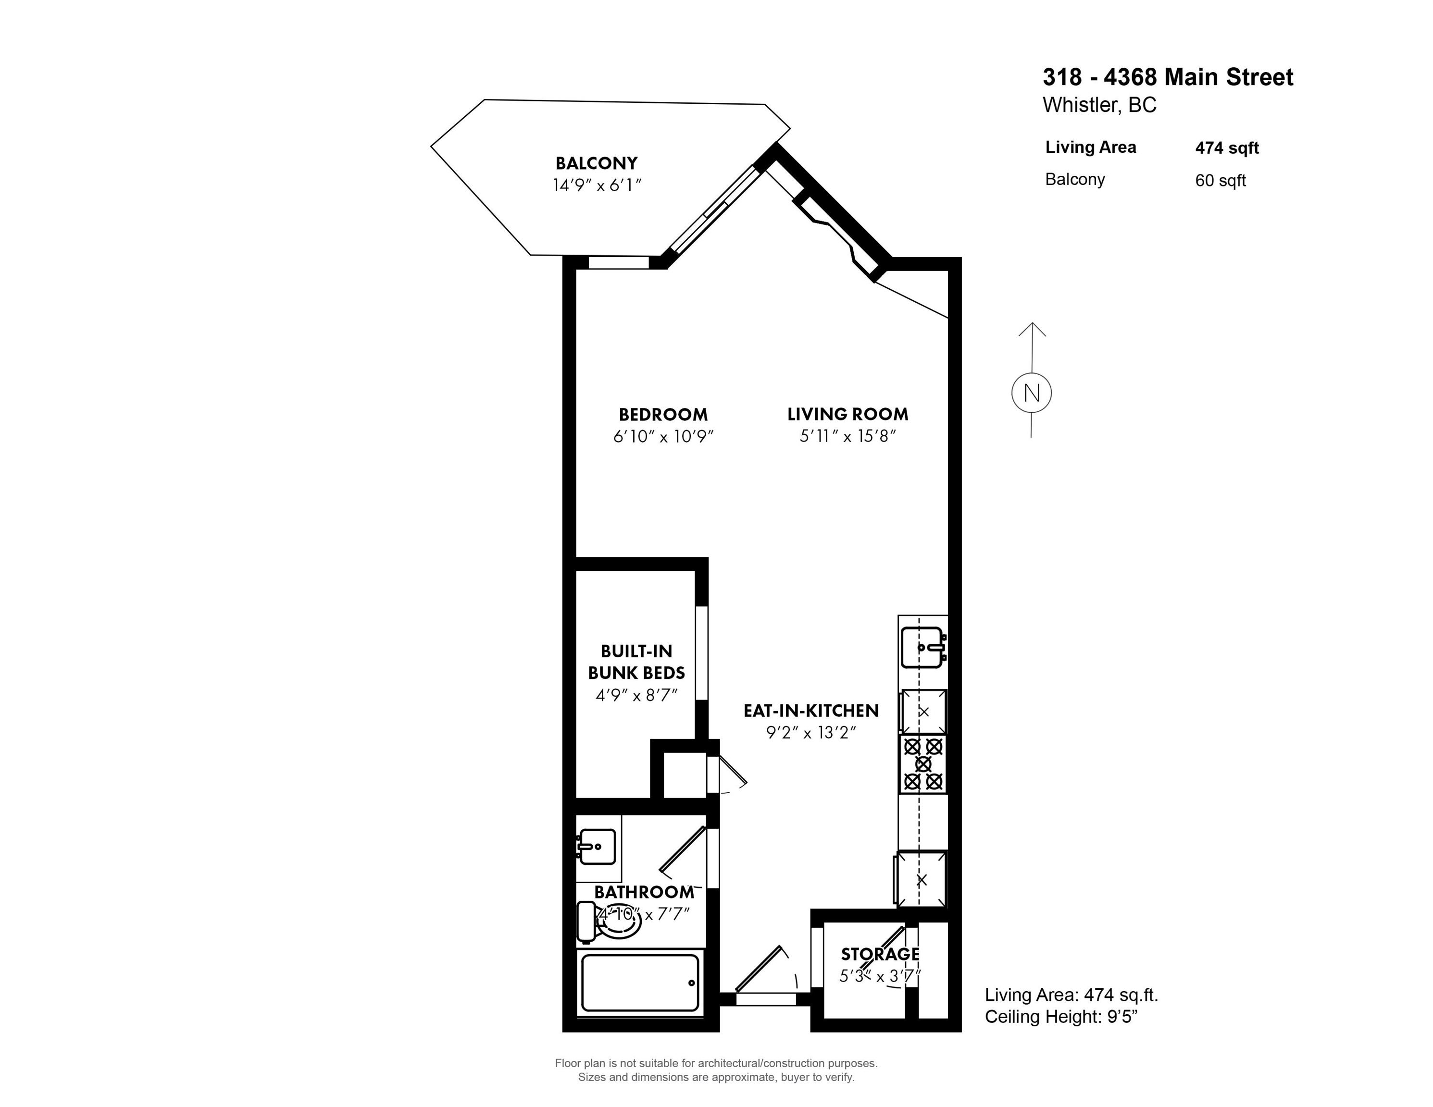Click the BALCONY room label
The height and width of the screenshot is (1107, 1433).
[597, 163]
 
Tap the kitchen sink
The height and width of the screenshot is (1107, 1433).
[922, 647]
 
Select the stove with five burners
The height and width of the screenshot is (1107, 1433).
[922, 764]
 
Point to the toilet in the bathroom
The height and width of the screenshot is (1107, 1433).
[609, 921]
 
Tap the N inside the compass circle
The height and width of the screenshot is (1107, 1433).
[1032, 394]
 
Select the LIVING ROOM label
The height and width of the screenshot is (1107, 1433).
[847, 415]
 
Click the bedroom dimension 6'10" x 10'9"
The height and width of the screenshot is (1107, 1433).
[663, 437]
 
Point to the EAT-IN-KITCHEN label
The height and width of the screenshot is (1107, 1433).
[811, 711]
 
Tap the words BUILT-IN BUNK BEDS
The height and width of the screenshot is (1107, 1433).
[636, 662]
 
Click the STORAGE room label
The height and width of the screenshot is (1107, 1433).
[880, 954]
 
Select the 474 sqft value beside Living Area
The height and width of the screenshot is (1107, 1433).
[1227, 148]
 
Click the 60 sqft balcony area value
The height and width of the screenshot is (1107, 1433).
[1221, 180]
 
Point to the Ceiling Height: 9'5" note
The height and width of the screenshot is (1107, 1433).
[1061, 1017]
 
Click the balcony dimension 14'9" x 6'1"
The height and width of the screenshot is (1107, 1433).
[597, 185]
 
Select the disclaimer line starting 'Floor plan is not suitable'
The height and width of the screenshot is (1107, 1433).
[716, 1064]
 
